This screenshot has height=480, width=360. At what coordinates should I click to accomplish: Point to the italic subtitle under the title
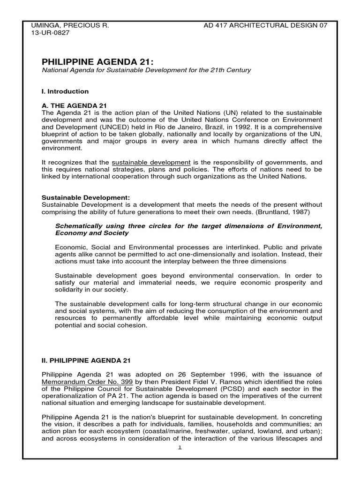(x=147, y=70)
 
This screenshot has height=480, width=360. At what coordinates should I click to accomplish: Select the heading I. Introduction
(x=65, y=91)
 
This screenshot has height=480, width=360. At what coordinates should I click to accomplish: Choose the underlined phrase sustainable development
(x=151, y=162)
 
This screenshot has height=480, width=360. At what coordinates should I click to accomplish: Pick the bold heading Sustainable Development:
(x=86, y=197)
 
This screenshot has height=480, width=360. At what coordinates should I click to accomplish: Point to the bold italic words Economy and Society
(x=91, y=233)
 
